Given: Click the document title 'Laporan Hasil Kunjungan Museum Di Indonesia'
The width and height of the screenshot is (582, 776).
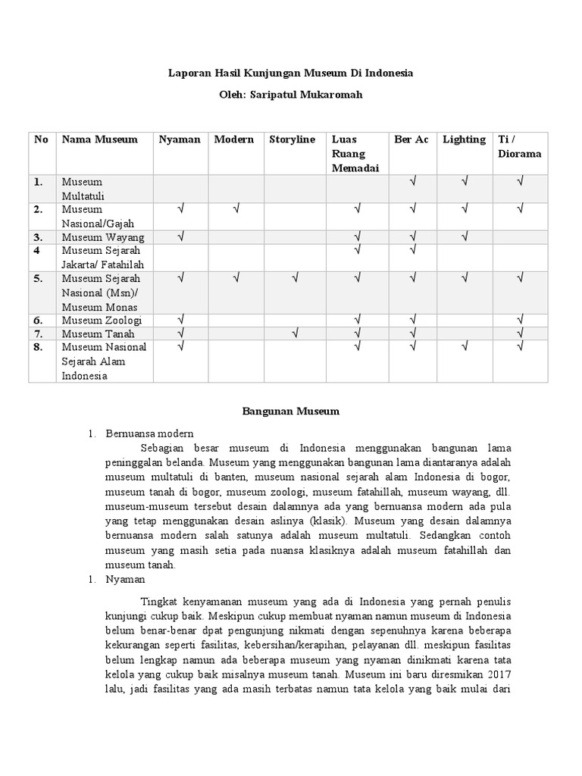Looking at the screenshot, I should pos(290,74).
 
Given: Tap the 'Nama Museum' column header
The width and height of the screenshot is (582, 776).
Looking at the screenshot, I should pos(99,139).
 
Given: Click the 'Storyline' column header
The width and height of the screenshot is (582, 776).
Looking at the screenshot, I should pos(292,139).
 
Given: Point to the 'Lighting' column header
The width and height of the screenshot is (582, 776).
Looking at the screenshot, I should pos(464,139).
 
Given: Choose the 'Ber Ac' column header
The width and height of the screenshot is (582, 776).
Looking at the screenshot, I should pos(411,139).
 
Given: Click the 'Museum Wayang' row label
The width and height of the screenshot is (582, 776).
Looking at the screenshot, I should pos(103,238).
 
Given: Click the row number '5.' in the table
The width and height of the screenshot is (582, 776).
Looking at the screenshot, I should pos(38,279).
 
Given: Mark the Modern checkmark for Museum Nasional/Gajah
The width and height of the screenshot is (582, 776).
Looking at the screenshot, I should pos(236,208).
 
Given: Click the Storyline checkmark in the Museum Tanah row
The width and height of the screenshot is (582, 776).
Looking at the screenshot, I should pos(294,333).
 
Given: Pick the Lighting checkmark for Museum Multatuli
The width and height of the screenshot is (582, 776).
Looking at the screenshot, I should pos(465,182).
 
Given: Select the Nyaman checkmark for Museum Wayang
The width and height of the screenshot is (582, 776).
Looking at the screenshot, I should pos(181,237).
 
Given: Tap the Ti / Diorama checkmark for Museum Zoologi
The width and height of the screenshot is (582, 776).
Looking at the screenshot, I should pos(520,321).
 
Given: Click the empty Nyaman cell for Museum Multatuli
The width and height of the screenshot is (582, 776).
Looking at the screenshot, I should pos(181,189).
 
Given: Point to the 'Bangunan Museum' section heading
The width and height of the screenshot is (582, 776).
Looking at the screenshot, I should pos(291,411).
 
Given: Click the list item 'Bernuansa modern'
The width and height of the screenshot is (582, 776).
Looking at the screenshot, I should pos(150,434).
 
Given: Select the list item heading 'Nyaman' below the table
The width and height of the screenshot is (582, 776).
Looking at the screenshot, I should pos(125,579).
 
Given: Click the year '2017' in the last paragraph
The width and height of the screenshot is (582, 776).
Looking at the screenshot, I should pos(495,673).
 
